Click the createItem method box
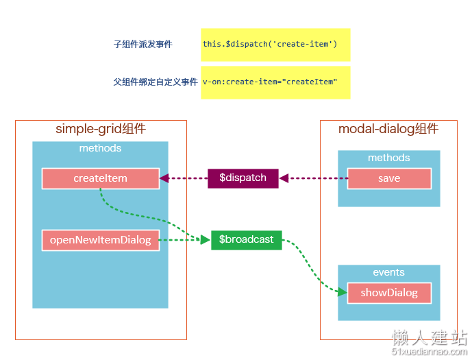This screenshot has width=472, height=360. click(x=101, y=178)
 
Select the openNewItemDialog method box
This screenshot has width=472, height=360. click(x=101, y=240)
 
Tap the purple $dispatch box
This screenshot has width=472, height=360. click(x=243, y=178)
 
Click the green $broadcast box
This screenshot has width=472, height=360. click(x=246, y=240)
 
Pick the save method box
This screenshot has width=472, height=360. click(x=389, y=178)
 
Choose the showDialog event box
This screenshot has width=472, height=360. click(x=389, y=293)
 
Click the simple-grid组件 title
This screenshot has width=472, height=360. click(x=101, y=129)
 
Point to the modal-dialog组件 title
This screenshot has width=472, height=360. click(x=388, y=129)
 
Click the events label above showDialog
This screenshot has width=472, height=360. click(x=389, y=272)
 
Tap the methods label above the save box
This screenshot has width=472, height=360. click(x=389, y=158)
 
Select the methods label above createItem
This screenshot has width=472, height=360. click(x=100, y=148)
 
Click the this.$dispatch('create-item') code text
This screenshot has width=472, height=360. click(x=270, y=45)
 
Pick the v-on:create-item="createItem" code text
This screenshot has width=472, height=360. click(x=270, y=82)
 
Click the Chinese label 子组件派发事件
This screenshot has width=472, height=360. click(x=143, y=45)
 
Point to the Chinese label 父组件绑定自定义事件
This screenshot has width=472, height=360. click(x=156, y=82)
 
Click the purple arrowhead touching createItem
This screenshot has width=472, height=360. click(x=164, y=178)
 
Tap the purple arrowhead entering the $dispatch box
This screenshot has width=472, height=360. click(x=284, y=178)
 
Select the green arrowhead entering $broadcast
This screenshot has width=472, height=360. click(x=206, y=240)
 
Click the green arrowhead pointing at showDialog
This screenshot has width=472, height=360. click(x=343, y=292)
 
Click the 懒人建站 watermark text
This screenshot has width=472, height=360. click(x=430, y=337)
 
